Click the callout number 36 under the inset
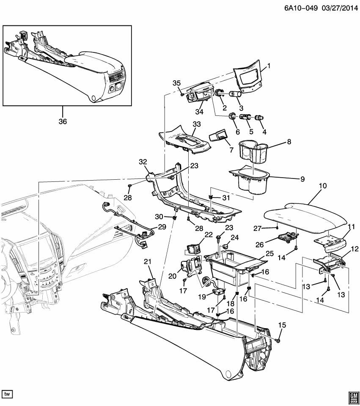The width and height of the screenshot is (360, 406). (62, 121)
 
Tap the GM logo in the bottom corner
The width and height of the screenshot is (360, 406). (352, 395)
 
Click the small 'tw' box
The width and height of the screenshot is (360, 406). (8, 394)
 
